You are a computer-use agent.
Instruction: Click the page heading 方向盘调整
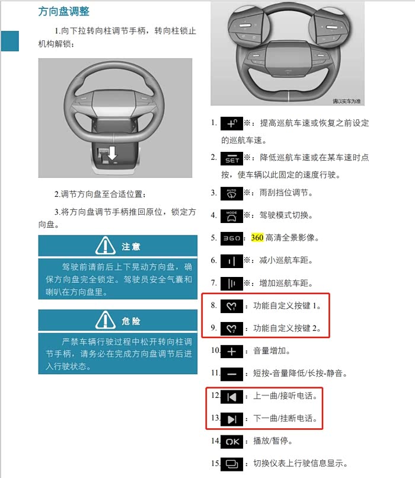[63, 12]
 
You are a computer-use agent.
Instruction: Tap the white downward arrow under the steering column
[113, 153]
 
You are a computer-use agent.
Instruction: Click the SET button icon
[232, 158]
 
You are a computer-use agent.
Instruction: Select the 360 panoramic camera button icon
[232, 238]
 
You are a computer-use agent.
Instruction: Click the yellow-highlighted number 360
[257, 237]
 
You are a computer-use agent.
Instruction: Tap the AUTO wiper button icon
[232, 193]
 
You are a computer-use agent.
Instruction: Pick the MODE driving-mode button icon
[232, 216]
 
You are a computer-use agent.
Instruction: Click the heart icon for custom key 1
[232, 306]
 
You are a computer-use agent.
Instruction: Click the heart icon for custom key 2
[232, 329]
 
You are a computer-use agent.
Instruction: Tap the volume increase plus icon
[232, 352]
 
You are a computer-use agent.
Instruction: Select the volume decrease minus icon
[232, 374]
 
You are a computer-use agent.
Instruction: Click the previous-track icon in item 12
[232, 397]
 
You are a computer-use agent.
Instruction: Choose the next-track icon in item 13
[232, 419]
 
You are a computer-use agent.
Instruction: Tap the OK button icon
[232, 442]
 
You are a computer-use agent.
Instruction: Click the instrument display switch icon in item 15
[232, 464]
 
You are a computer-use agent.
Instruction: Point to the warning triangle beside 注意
[106, 246]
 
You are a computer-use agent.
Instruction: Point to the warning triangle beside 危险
[106, 320]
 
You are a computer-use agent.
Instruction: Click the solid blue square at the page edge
[10, 41]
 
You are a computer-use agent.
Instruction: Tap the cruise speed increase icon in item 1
[232, 123]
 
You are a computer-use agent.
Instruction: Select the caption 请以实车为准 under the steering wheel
[346, 101]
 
